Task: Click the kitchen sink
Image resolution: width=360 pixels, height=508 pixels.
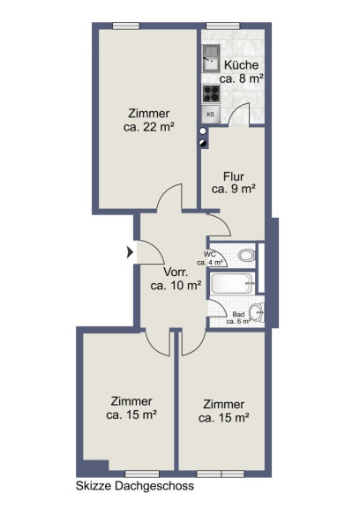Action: point(211,58)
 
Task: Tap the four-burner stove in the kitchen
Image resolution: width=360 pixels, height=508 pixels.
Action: point(211,93)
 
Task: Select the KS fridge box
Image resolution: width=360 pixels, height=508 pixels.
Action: point(211,114)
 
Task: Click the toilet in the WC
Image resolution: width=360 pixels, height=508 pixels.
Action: point(247,255)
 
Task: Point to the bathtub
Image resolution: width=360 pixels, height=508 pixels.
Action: point(232,283)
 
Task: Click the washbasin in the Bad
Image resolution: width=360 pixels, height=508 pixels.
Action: point(258,312)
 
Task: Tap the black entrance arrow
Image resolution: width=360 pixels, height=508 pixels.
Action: point(130,252)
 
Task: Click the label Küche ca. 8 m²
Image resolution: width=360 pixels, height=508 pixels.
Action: point(242,71)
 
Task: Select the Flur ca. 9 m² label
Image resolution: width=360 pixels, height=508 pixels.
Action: point(234,183)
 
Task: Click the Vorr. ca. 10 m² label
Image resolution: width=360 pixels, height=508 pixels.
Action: point(176,279)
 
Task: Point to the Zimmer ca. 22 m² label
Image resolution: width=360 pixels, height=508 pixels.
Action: point(149,120)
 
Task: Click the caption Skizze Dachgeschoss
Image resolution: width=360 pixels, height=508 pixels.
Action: point(135,486)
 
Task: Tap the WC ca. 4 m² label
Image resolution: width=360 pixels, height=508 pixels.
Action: point(210,258)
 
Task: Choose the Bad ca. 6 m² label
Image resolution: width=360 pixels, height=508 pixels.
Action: point(238,318)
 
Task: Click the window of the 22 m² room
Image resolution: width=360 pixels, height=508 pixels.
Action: point(126,26)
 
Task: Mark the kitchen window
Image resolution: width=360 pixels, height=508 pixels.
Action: point(223,26)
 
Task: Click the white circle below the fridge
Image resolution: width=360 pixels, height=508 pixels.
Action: point(203,131)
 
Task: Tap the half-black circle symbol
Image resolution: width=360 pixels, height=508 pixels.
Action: point(203,143)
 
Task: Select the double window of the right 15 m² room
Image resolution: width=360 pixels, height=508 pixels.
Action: point(221,474)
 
